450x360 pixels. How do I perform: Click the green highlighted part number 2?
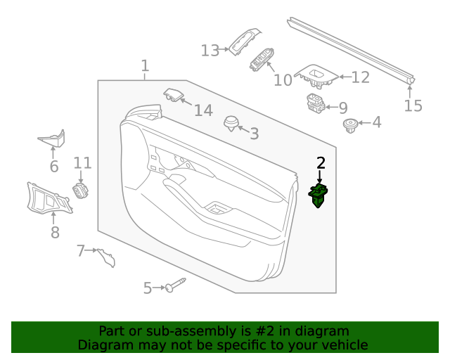tap(318, 195)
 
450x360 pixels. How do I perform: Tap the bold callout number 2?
tap(321, 163)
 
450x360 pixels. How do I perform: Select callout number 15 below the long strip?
tap(413, 105)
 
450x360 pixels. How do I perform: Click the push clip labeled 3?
tap(231, 124)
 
